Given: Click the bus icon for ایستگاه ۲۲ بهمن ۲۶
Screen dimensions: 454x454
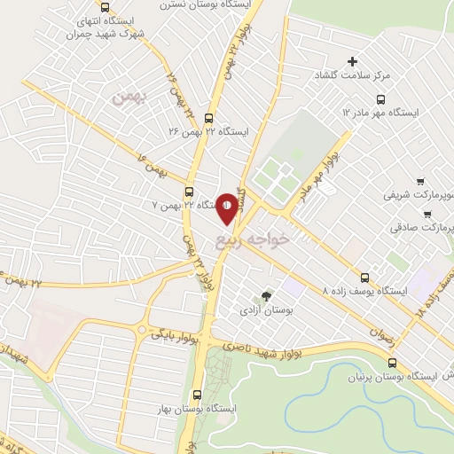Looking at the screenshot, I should pyautogui.click(x=209, y=117).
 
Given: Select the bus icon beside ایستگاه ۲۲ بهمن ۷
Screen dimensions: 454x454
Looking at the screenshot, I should pyautogui.click(x=189, y=192).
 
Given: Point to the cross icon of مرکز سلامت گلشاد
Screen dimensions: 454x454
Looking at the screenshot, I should pyautogui.click(x=352, y=61).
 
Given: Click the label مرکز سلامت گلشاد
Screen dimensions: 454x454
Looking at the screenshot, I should pyautogui.click(x=383, y=77).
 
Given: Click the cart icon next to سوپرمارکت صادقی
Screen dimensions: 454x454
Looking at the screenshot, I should pyautogui.click(x=427, y=214).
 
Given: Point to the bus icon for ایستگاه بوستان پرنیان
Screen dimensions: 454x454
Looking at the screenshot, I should pyautogui.click(x=393, y=362).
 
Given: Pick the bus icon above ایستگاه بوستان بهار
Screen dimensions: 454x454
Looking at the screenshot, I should pyautogui.click(x=197, y=395).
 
